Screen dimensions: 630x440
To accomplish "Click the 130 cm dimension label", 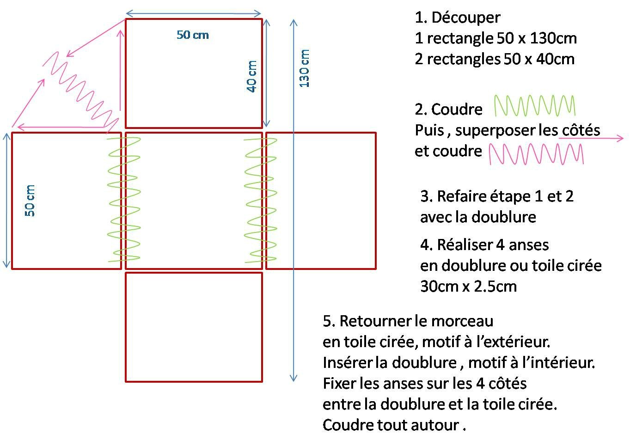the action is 304,68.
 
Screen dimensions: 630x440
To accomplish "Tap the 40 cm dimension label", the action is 251,76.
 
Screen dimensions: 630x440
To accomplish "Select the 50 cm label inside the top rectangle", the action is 193,35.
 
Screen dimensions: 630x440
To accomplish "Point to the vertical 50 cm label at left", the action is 30,201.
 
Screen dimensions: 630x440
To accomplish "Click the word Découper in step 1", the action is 466,18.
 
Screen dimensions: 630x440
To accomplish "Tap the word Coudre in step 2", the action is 457,109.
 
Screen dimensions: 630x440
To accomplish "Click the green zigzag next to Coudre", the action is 535,105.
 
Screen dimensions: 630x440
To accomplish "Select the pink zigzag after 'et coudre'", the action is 536,154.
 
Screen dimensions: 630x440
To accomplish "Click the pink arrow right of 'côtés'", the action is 591,138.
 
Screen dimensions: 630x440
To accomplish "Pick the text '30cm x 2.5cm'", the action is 469,287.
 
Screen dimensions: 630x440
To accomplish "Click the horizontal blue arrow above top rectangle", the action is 194,13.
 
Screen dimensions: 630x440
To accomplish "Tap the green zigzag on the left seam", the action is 124,199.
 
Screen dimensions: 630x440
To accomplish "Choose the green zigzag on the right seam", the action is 261,200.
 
